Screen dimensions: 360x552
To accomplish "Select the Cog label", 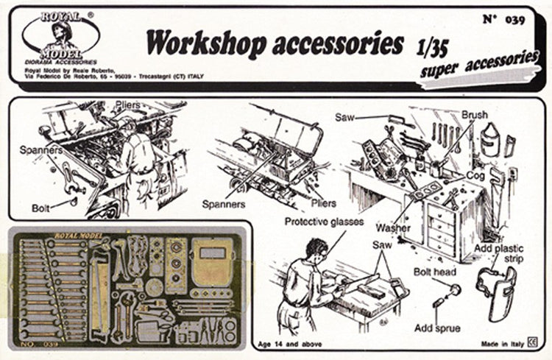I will tap(474, 177).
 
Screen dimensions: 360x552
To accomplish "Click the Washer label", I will tap(392, 227).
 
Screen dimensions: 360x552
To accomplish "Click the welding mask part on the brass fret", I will tap(213, 261).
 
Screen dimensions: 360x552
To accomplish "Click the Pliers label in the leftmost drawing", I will tap(127, 106).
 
